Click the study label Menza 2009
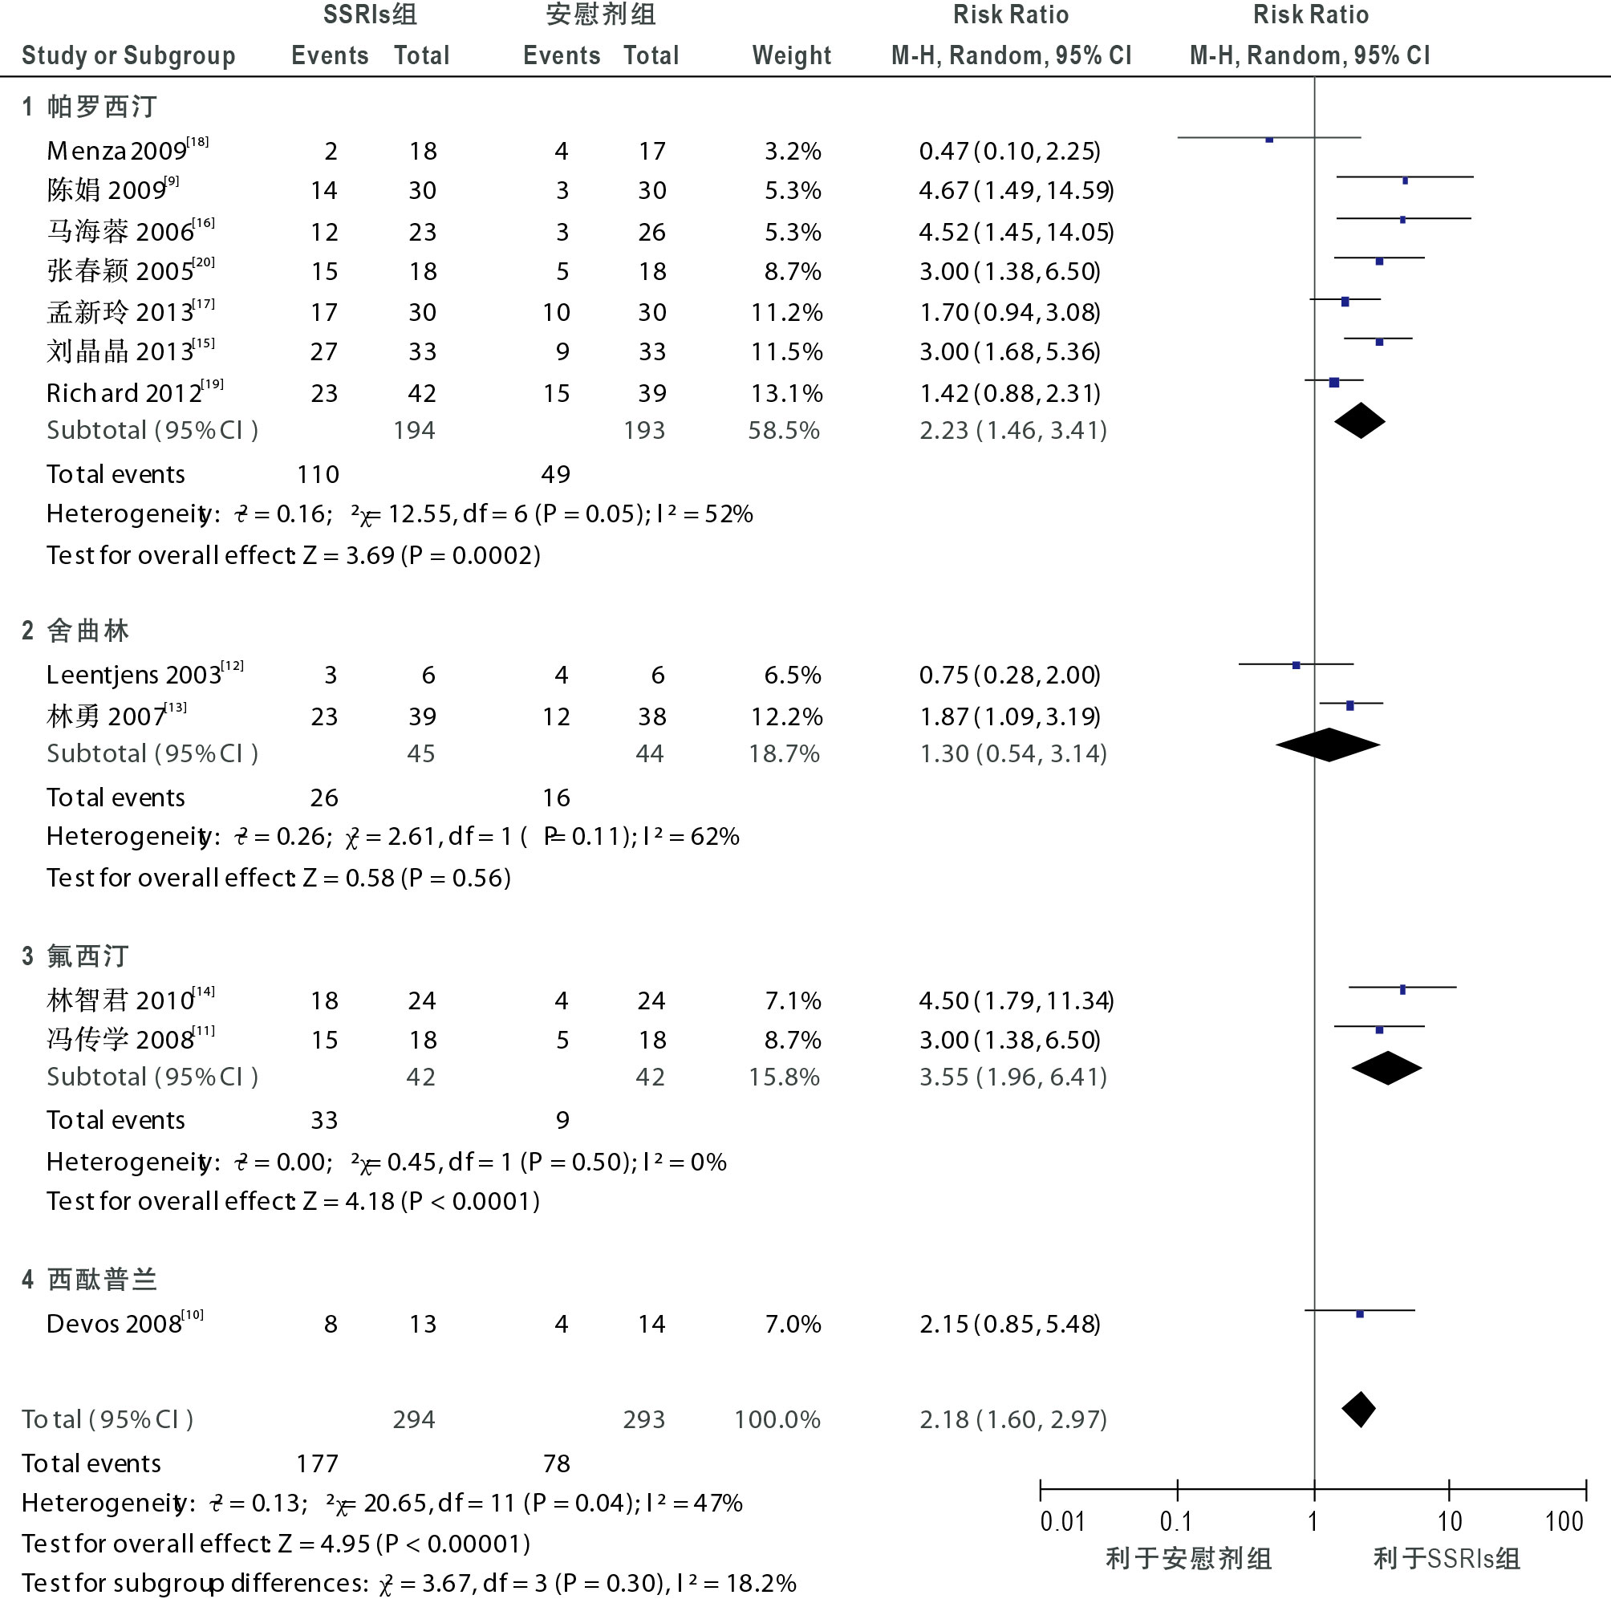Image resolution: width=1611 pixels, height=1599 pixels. click(x=117, y=151)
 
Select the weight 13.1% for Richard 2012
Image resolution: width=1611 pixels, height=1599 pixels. click(x=786, y=393)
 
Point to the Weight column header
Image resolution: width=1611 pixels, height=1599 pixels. click(x=791, y=56)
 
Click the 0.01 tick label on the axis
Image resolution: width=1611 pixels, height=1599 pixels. click(x=1062, y=1521)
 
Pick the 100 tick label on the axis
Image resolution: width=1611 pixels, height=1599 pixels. click(x=1564, y=1521)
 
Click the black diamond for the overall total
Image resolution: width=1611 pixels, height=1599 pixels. click(x=1359, y=1410)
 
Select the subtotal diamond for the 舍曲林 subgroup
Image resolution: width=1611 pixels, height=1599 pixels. click(x=1328, y=745)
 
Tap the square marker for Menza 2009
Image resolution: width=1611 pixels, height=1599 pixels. click(x=1269, y=140)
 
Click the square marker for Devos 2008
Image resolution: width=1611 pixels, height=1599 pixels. click(x=1360, y=1314)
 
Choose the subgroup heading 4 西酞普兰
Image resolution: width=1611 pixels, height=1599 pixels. click(x=89, y=1280)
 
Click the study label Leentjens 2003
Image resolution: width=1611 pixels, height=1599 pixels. click(x=133, y=675)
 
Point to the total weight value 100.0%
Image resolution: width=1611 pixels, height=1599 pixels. click(x=777, y=1420)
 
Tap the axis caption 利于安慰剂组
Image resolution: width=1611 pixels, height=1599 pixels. click(x=1188, y=1558)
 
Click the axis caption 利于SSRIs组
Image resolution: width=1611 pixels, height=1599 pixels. click(x=1447, y=1558)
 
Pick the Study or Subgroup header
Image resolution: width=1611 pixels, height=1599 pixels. click(x=128, y=56)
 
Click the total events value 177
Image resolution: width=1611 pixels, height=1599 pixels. click(x=318, y=1463)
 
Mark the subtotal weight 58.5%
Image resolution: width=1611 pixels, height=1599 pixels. click(x=784, y=431)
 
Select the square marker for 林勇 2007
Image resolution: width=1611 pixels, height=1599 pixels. click(x=1350, y=705)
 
